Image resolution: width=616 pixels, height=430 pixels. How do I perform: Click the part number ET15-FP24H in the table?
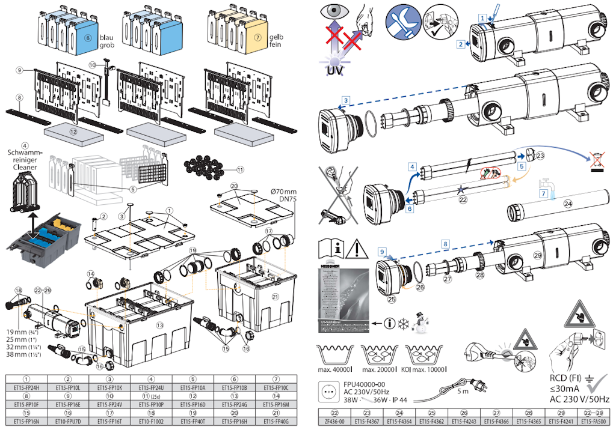(26, 388)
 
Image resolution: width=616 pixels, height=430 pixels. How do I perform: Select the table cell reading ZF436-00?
(334, 422)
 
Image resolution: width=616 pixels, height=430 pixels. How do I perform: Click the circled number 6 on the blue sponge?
(88, 36)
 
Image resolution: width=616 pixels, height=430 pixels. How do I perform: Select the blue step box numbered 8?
(446, 244)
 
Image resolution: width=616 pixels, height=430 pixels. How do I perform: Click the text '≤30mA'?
(565, 389)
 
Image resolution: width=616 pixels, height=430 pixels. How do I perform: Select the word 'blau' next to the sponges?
(106, 37)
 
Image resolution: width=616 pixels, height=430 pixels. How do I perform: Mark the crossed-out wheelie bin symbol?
(596, 159)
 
